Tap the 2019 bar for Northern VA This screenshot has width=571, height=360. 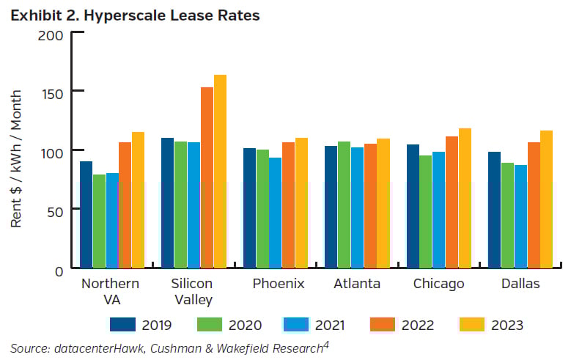click(x=86, y=215)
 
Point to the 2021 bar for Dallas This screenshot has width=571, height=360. click(x=521, y=217)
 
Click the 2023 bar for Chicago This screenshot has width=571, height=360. click(x=465, y=199)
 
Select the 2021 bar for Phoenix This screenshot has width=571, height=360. click(x=276, y=213)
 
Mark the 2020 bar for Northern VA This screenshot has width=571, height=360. click(x=99, y=221)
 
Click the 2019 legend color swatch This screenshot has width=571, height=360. click(x=125, y=324)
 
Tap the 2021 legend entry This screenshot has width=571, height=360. click(x=314, y=324)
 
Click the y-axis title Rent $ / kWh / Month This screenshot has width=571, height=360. click(x=16, y=158)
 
